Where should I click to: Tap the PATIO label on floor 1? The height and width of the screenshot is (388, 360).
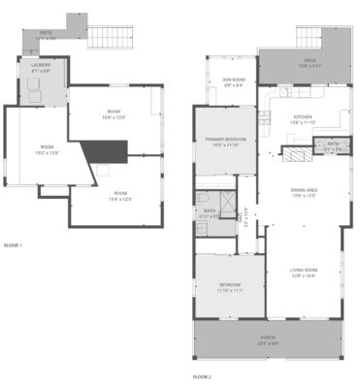[x=46, y=32]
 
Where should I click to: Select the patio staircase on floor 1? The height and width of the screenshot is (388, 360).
[x=109, y=38]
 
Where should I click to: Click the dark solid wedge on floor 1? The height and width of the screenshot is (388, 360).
[x=104, y=151]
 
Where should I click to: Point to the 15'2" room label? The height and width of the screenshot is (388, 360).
[x=47, y=148]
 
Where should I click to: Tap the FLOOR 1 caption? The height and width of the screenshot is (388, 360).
[x=13, y=245]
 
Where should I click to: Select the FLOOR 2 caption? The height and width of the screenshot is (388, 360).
[x=201, y=375]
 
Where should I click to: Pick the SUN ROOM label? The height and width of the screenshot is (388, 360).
[x=233, y=81]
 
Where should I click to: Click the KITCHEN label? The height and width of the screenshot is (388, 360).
[x=305, y=119]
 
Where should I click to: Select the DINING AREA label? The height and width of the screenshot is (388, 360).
[x=305, y=192]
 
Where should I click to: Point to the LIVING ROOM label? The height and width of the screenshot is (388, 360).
[x=305, y=273]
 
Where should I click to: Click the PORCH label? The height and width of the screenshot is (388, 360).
[x=268, y=339]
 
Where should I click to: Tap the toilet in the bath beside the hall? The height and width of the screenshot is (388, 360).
[x=202, y=225]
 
